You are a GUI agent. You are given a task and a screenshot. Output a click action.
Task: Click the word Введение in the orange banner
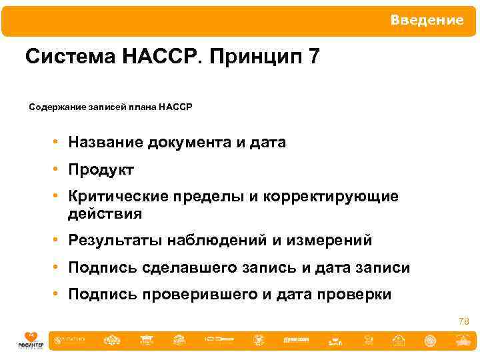(x=427, y=21)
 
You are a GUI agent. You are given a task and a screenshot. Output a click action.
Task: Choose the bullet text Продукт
(x=101, y=170)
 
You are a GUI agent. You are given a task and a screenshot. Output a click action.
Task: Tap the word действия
(x=105, y=214)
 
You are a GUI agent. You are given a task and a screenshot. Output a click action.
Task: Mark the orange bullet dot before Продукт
(x=59, y=170)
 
